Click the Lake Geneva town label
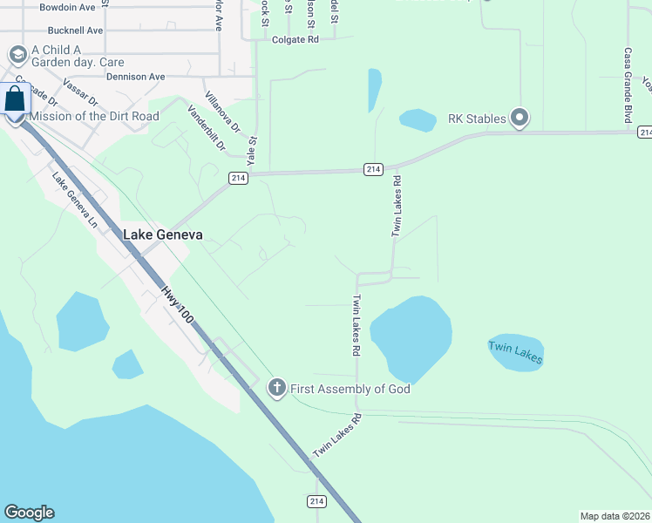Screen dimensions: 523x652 [163, 234]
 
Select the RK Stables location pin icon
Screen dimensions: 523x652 [520, 117]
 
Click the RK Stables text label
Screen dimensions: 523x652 [476, 118]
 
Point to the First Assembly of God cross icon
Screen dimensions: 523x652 [277, 388]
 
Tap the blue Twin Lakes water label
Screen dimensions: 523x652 [515, 353]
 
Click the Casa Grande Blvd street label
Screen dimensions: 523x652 [627, 85]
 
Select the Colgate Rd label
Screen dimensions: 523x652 [295, 39]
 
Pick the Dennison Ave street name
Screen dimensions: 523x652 [135, 77]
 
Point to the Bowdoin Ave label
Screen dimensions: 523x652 [68, 7]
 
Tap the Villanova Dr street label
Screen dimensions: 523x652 [221, 110]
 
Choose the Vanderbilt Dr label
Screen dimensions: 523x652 [207, 127]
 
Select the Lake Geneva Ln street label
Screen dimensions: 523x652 [76, 200]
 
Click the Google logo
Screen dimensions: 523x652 [29, 513]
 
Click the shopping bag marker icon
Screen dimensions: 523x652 [15, 100]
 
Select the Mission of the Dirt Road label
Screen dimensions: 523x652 [94, 116]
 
